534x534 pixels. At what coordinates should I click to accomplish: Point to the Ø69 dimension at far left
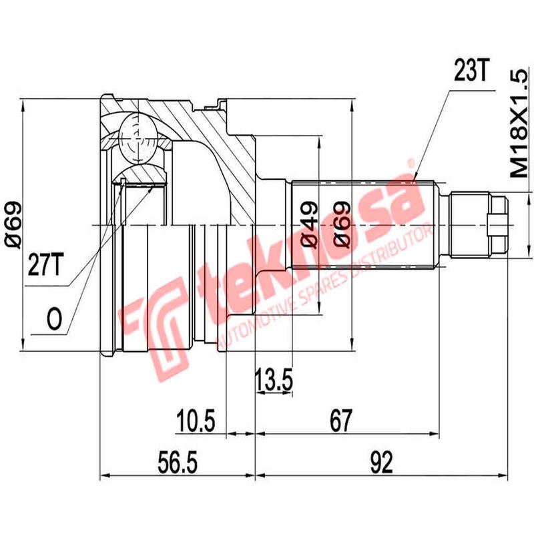click(x=14, y=225)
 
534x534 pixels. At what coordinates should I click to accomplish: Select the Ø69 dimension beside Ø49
click(x=338, y=225)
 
